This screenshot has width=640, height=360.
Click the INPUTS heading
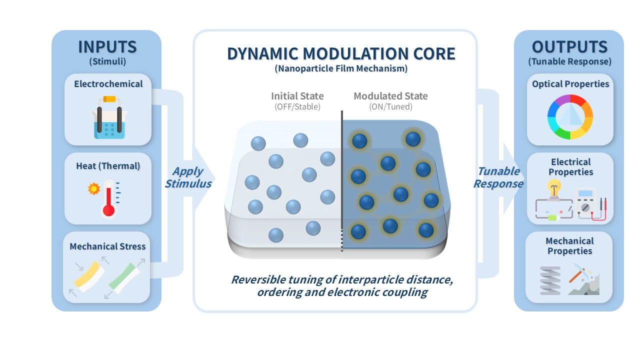107,47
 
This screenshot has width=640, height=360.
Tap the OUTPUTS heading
569,47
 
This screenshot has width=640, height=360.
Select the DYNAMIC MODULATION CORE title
341,53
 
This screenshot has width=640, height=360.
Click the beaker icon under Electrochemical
109,117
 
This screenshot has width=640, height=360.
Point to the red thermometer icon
108,198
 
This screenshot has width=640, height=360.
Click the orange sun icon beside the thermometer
94,188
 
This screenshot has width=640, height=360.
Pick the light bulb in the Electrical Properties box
554,188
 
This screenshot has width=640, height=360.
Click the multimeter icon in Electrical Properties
585,203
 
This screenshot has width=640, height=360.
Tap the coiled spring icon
550,280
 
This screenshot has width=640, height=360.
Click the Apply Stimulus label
188,177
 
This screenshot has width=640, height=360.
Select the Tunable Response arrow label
498,177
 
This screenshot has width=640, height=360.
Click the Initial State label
297,96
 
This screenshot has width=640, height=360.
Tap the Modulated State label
390,96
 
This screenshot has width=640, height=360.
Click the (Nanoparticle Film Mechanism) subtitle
341,68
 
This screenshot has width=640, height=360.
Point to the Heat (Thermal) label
108,166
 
